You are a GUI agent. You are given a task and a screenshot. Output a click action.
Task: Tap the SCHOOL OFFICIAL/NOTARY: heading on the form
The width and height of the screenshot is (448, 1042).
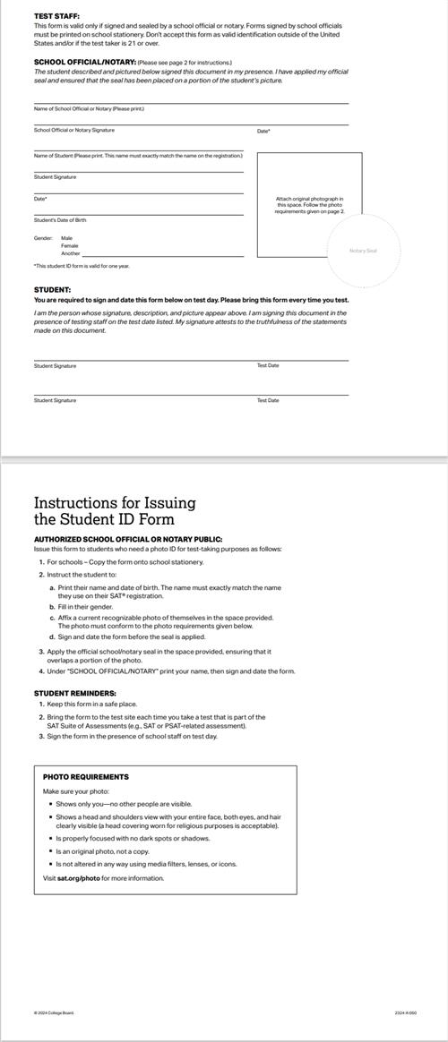[84, 62]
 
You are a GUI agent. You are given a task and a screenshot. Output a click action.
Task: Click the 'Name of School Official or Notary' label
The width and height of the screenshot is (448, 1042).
[89, 109]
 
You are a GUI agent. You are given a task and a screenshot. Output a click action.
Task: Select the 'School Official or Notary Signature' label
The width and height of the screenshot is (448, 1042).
[74, 131]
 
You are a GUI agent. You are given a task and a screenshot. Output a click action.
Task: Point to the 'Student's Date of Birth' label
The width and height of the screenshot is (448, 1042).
[60, 219]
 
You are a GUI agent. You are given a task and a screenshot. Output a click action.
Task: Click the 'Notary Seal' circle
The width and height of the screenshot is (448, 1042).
[363, 251]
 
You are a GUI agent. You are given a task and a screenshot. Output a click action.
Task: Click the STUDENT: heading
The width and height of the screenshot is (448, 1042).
[52, 290]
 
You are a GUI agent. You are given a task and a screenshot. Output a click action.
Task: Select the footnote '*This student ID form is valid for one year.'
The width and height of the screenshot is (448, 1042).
[82, 266]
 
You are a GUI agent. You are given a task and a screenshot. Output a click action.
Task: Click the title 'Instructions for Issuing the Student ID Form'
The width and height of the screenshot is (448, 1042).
[115, 511]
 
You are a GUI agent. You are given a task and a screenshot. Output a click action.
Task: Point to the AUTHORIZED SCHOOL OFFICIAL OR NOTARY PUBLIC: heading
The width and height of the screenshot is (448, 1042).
[128, 540]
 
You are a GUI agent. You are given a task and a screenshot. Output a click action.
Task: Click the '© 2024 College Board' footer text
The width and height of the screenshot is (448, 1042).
[54, 1013]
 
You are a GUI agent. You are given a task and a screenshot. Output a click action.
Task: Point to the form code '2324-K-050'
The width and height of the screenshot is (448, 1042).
[406, 1013]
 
